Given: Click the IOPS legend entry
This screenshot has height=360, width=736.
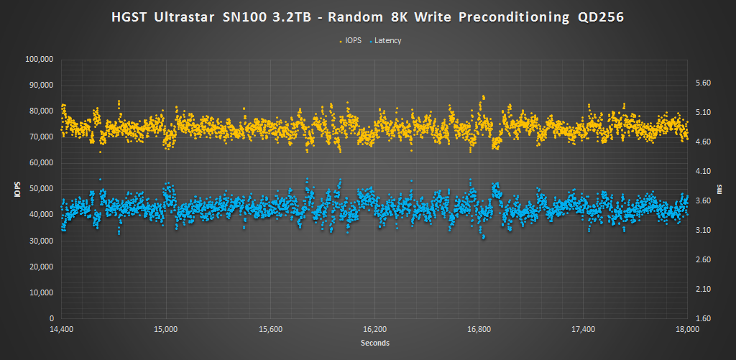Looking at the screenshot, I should point(352,41).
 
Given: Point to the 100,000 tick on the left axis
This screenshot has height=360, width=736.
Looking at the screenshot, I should point(40,59).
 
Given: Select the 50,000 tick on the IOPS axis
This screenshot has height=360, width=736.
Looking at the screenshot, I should point(42,189).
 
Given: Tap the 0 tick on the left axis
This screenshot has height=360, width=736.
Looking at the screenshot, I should point(52,318).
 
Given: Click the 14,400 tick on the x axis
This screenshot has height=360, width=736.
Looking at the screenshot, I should point(62,330).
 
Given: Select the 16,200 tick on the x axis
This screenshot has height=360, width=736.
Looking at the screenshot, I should point(374,330).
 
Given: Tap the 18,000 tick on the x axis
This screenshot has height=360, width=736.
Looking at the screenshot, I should point(688,330).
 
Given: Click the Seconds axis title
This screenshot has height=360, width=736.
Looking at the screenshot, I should point(374,343).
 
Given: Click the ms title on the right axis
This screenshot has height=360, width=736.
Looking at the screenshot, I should point(722,189).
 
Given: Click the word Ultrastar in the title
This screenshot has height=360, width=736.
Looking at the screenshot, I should point(188,16).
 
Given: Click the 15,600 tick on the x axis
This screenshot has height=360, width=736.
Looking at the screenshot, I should point(270,330).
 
